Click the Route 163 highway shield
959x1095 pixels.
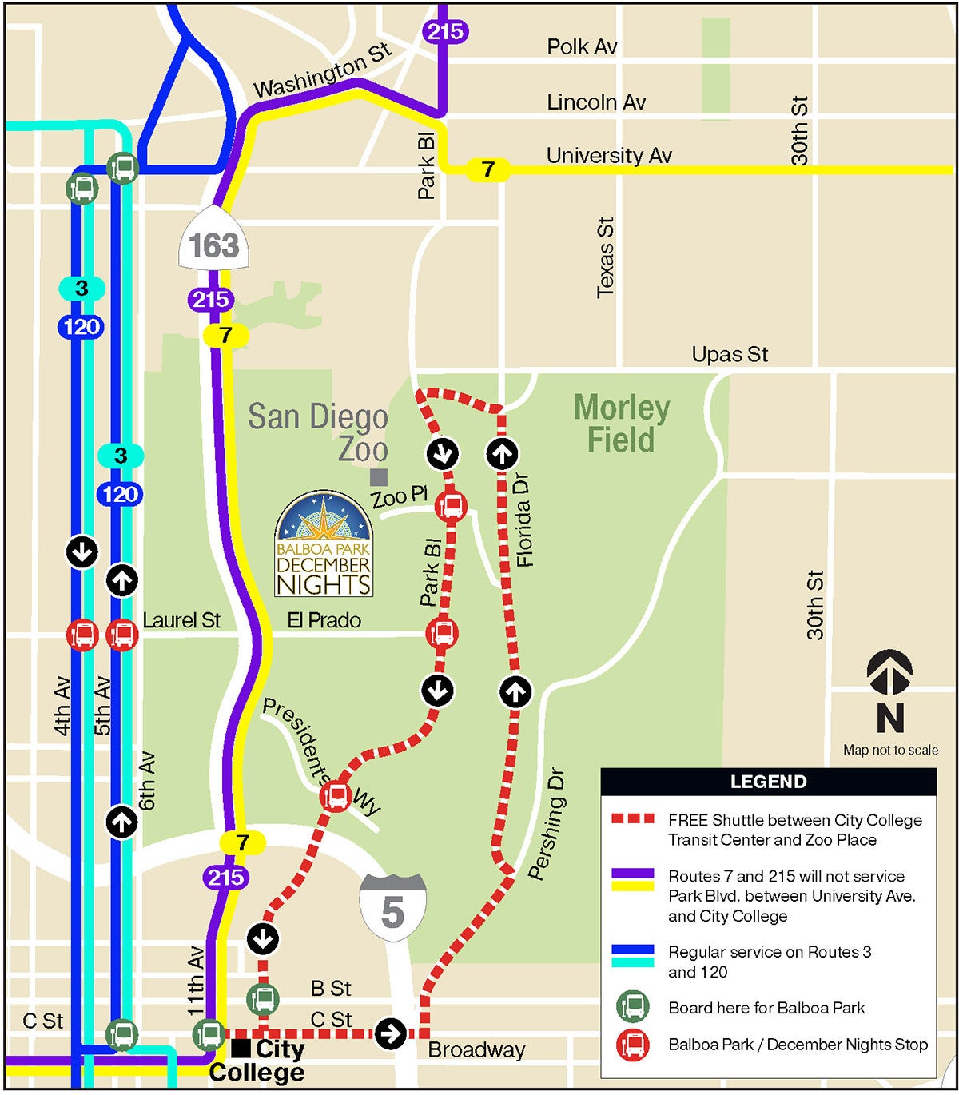(x=213, y=240)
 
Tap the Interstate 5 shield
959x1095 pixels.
(x=392, y=907)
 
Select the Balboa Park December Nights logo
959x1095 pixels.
(x=324, y=545)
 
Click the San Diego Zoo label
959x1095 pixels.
(x=318, y=432)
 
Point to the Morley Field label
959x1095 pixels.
(x=622, y=424)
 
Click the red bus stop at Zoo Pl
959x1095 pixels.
(x=452, y=506)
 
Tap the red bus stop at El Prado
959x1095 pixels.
(x=442, y=633)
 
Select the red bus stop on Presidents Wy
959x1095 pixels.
(x=336, y=796)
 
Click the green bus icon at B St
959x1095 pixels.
(x=263, y=998)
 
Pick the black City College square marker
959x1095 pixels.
(x=240, y=1048)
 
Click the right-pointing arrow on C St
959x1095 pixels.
(x=390, y=1033)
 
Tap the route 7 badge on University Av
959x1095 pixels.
(x=487, y=169)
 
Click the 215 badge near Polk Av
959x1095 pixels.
(x=444, y=31)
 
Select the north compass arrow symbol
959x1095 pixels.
(x=889, y=671)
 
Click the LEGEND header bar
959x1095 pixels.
(x=768, y=782)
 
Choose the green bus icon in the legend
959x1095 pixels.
(x=633, y=1007)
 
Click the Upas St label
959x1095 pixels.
(x=730, y=354)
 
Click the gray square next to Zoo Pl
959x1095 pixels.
(x=379, y=477)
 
